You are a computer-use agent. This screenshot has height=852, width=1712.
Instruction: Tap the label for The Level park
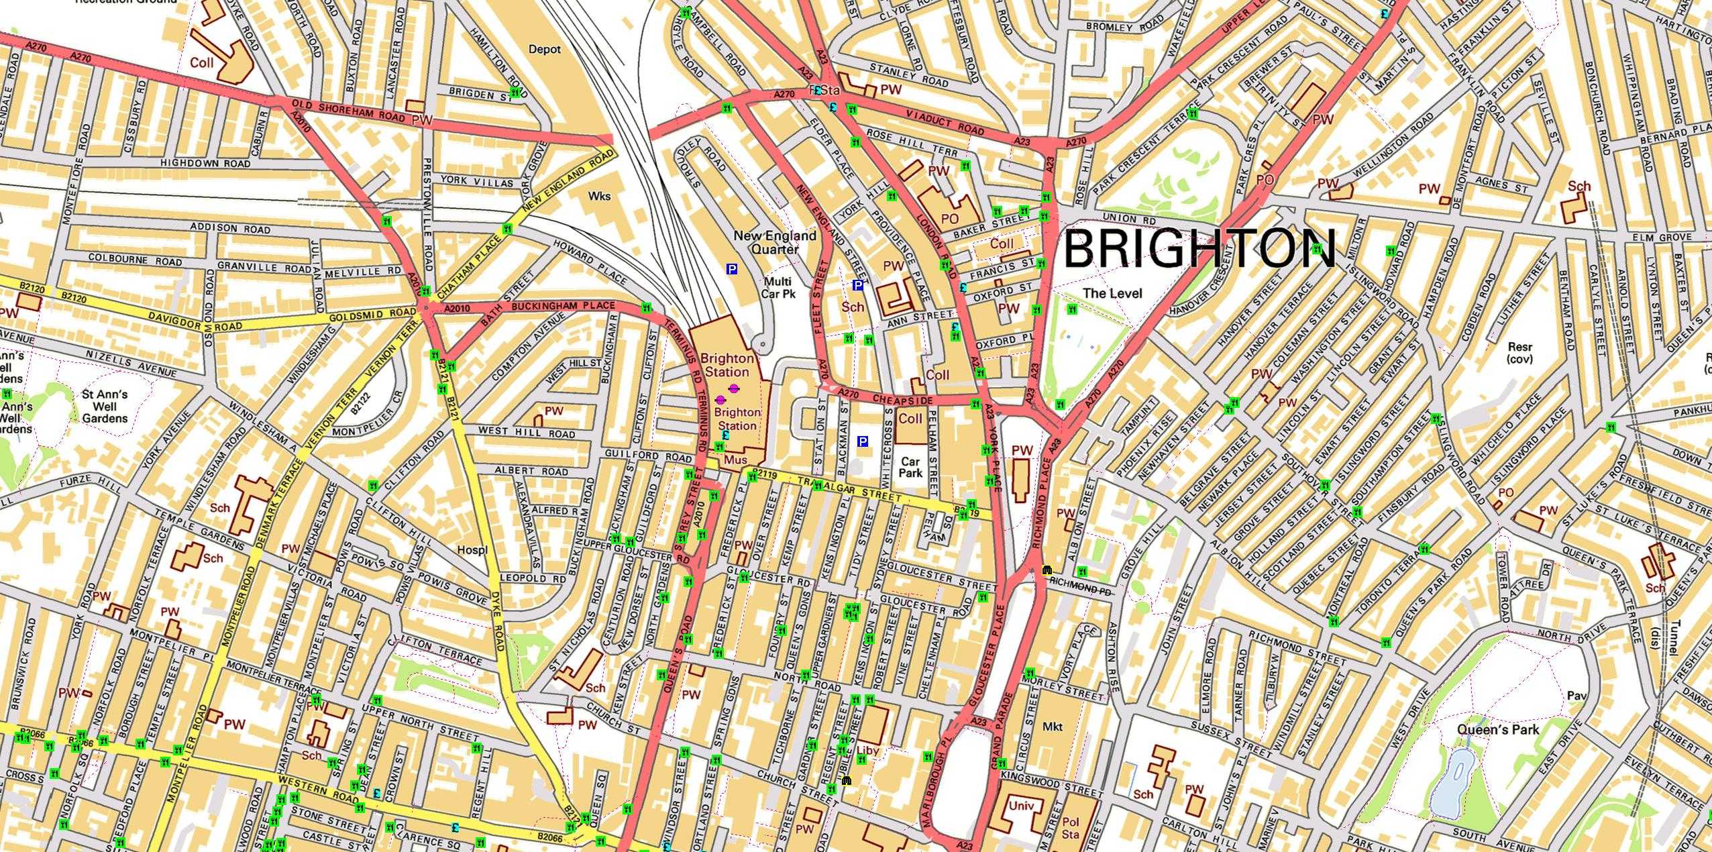tap(1112, 293)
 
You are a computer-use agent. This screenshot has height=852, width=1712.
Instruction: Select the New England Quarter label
tap(775, 242)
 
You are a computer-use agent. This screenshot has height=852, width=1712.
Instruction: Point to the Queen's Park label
tap(1498, 729)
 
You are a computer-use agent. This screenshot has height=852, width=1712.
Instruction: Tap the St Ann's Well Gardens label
tap(105, 407)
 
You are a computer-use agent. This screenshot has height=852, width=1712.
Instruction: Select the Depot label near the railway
tap(545, 49)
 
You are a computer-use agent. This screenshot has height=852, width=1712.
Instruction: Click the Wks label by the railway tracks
tap(599, 196)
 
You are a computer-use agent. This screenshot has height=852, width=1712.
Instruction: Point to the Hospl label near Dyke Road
tap(472, 550)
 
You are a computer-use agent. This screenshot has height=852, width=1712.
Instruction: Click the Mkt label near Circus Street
tap(1053, 727)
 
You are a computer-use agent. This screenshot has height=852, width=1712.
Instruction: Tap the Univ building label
tap(1022, 806)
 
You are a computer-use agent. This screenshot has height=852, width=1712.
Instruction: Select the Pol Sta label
tap(1071, 828)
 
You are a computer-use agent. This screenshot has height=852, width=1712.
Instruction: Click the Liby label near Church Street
tap(867, 751)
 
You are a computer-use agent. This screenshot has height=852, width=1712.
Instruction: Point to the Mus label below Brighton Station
tap(736, 460)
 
